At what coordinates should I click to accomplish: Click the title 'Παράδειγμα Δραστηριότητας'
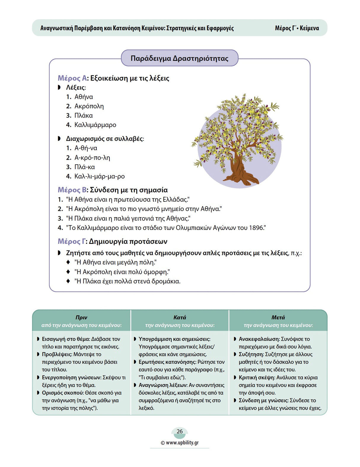[179, 58]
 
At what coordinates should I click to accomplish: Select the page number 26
[179, 431]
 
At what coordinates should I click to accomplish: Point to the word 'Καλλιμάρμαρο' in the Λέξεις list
[95, 125]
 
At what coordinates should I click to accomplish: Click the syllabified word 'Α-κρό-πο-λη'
[92, 158]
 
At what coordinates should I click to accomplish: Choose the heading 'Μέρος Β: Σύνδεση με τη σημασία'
[113, 190]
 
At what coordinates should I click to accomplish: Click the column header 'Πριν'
[81, 317]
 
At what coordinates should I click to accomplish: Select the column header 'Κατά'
[180, 317]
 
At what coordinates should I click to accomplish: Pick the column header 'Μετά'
[278, 317]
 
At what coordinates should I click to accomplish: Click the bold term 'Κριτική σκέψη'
[257, 377]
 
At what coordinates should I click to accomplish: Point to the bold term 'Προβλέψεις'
[57, 354]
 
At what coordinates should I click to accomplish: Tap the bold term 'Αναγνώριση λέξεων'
[163, 385]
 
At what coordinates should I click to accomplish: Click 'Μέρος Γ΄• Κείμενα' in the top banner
[297, 28]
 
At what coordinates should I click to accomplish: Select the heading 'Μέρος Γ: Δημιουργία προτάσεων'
[112, 242]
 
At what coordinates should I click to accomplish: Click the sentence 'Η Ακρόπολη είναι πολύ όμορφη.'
[122, 272]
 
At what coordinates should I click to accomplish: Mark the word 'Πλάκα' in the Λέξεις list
[83, 115]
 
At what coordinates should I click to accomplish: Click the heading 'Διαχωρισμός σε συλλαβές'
[105, 139]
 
